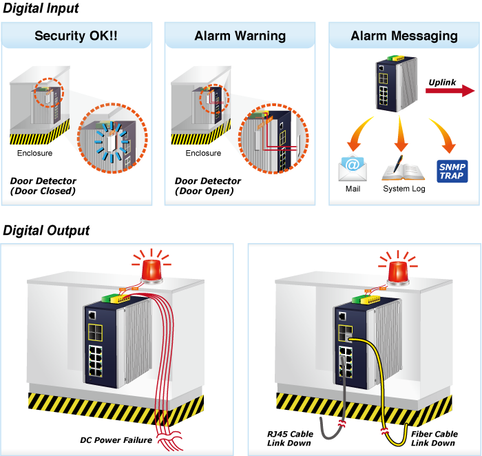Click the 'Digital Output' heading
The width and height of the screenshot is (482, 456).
pos(46,230)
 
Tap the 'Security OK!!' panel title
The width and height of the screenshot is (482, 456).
pos(76,36)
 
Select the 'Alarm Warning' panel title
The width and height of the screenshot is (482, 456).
pos(240,36)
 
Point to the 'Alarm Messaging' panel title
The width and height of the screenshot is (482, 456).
pos(404,36)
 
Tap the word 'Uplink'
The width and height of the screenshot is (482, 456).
pos(442,83)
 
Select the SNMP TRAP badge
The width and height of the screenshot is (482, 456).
pos(452,171)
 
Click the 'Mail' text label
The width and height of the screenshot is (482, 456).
pos(353,189)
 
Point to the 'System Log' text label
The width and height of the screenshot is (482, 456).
pos(404,189)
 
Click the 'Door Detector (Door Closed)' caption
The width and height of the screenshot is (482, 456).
pos(43,186)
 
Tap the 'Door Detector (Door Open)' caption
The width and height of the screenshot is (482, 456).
pos(208,186)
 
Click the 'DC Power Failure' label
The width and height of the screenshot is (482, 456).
pos(116,440)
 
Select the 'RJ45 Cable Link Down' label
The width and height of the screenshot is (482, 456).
pos(290,438)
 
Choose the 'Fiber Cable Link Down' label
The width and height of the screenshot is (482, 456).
pos(434,438)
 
